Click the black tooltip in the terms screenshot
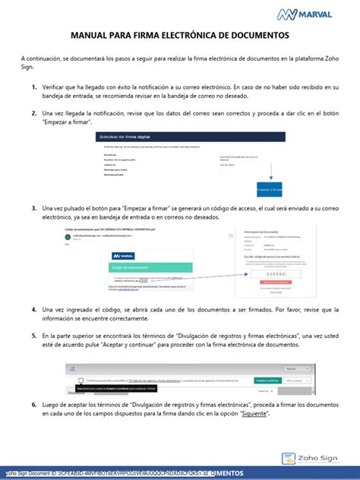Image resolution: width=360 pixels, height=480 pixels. point(113,389)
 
